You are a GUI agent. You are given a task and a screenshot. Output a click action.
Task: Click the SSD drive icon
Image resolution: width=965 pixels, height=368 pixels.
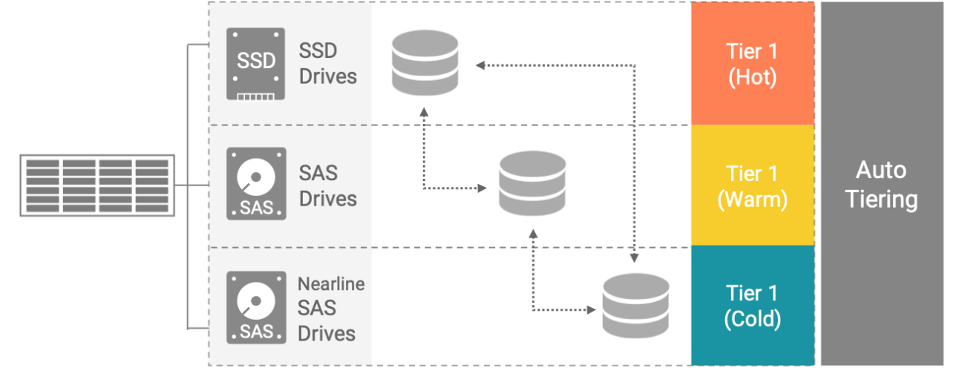[x=255, y=64]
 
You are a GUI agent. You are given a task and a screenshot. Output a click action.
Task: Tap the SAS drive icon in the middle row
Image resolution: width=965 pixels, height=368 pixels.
[x=256, y=184]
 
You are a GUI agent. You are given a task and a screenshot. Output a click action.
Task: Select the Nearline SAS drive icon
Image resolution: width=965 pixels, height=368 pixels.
[x=256, y=307]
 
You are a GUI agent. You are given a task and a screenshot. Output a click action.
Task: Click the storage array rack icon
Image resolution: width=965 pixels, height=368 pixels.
[x=97, y=185]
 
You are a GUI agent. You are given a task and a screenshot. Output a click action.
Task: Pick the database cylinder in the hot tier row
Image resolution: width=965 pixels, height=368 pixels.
[x=425, y=63]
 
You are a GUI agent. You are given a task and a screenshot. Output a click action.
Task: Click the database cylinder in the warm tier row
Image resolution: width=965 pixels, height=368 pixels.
[x=532, y=183]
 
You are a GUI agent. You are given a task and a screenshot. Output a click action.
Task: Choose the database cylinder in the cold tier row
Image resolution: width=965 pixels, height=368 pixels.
[x=636, y=306]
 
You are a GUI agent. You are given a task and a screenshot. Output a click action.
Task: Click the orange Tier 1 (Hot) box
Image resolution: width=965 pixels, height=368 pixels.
[x=753, y=64]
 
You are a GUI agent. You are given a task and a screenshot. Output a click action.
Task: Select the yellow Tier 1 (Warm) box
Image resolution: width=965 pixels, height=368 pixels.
[x=753, y=185]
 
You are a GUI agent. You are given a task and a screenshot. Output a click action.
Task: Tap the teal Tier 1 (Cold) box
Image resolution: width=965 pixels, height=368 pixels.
[x=753, y=306]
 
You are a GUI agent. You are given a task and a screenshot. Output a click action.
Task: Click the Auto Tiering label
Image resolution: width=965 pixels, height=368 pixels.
[x=881, y=185]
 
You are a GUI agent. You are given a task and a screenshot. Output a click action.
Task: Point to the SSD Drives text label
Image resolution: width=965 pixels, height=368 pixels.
[x=328, y=64]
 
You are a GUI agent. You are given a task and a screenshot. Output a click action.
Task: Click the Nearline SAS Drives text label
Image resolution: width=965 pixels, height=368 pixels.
[x=331, y=309]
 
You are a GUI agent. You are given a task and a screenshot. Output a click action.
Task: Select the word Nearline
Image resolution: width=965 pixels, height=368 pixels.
[x=331, y=284]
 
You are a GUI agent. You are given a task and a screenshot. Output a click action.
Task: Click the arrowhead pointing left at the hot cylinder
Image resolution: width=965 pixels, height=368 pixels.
[x=480, y=65]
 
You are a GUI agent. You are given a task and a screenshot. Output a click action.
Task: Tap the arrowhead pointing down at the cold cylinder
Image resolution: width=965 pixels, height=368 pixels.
[x=634, y=257]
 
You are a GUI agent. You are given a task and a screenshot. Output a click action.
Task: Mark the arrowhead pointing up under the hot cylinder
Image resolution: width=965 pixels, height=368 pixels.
[x=424, y=112]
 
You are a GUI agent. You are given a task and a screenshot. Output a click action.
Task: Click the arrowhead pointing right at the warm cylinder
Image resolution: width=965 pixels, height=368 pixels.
[x=482, y=188]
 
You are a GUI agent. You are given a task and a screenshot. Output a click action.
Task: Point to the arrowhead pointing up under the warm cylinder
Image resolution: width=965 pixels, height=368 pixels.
[x=533, y=234]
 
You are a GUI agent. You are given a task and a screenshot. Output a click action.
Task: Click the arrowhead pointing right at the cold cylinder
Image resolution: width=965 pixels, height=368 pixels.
[x=591, y=309]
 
